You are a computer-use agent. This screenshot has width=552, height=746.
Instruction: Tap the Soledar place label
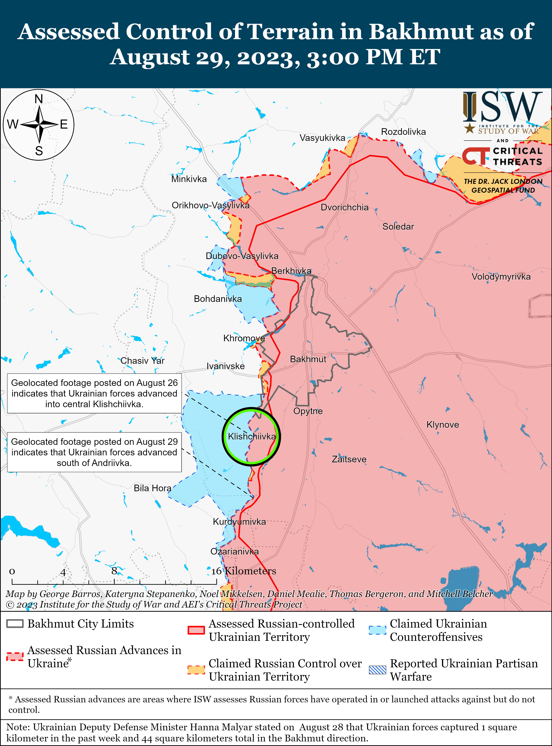tap(398, 227)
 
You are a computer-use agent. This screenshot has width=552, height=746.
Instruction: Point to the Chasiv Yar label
tap(142, 361)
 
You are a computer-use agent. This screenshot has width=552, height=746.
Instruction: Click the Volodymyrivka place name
tap(501, 277)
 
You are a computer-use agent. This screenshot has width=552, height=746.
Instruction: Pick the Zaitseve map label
tap(349, 459)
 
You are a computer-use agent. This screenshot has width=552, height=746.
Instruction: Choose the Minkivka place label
tap(189, 179)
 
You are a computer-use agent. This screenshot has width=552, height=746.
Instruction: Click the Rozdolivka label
tap(403, 132)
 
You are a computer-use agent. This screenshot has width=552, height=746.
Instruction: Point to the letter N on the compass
tap(39, 99)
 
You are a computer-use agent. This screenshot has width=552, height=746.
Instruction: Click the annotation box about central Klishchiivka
tap(94, 393)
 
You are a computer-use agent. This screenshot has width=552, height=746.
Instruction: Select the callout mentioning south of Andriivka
tap(94, 452)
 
